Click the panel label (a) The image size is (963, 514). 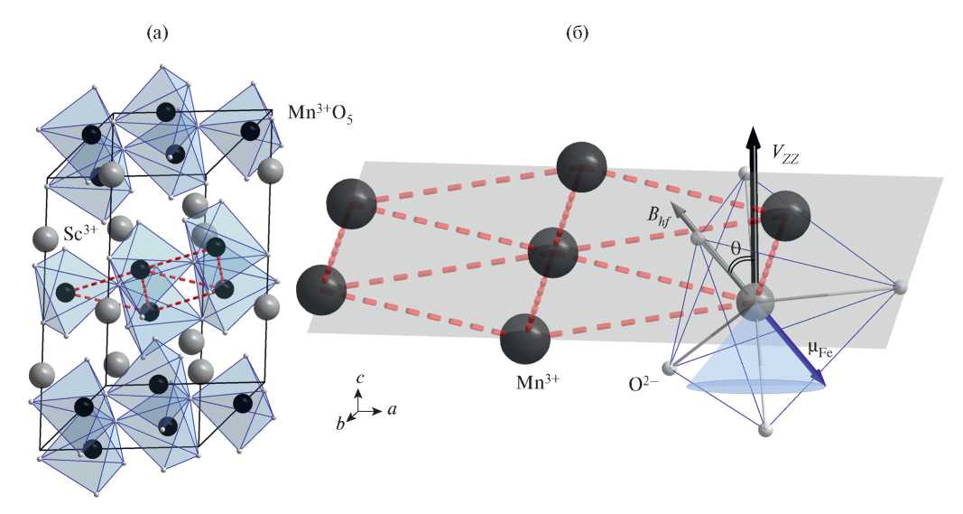158,34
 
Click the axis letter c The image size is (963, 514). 359,379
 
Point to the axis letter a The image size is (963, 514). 394,409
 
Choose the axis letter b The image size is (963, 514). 340,423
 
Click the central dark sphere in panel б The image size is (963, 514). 552,252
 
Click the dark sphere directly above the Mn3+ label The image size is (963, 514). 526,337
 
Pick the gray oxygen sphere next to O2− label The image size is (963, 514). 670,368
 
